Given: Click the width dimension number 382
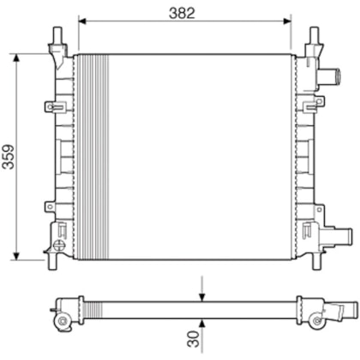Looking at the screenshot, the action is [x=182, y=13].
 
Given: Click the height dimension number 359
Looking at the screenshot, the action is [x=9, y=157].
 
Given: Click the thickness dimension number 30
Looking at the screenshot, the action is [x=194, y=339].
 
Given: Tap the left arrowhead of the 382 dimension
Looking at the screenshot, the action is [x=82, y=21].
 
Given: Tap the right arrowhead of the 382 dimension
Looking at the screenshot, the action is [x=287, y=21].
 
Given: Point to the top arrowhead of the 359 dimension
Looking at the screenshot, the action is [x=17, y=57].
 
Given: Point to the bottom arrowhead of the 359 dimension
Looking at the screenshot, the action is [x=17, y=256].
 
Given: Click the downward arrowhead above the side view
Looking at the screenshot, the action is [x=202, y=297].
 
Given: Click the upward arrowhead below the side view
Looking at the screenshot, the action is [x=202, y=323].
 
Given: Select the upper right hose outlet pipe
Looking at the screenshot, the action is [x=328, y=76].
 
